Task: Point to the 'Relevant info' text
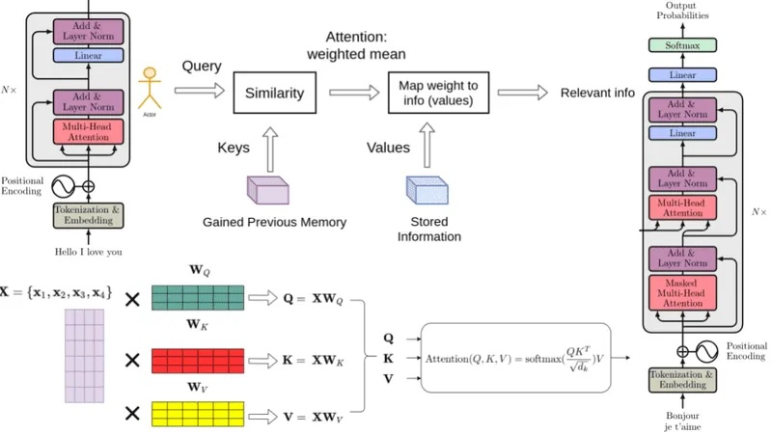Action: click(597, 94)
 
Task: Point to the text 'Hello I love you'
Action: click(88, 253)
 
